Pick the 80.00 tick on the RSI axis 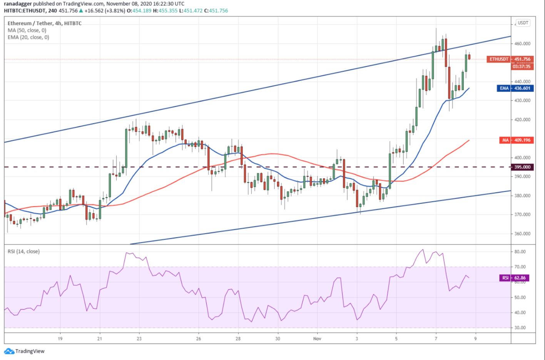(520, 252)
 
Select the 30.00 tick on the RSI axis (520, 328)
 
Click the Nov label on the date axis (317, 339)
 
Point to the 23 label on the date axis (139, 339)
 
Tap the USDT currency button (523, 23)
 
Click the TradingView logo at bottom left (25, 351)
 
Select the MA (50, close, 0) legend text (27, 30)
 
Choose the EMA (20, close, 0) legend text (28, 37)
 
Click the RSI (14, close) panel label (23, 252)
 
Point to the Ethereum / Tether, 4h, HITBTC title (45, 23)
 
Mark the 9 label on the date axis (475, 339)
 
